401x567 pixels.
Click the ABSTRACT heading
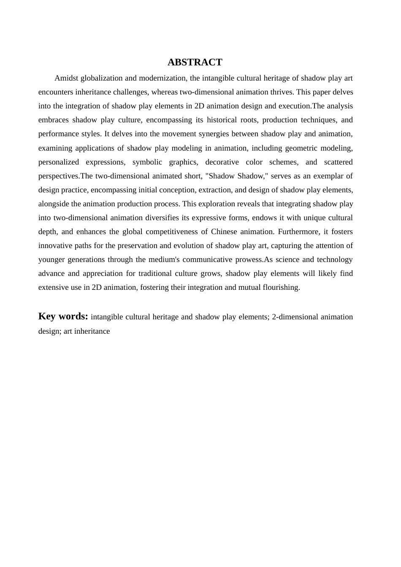pyautogui.click(x=195, y=62)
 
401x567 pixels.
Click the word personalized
pyautogui.click(x=59, y=162)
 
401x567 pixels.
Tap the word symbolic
pyautogui.click(x=147, y=162)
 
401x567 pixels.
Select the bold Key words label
pyautogui.click(x=63, y=316)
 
